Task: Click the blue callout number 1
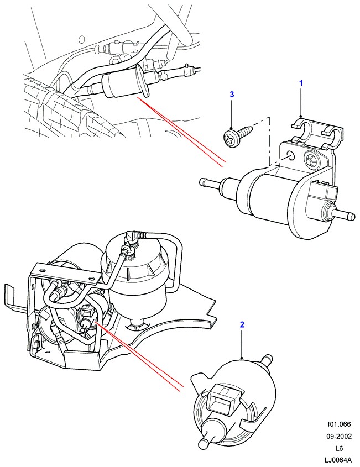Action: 302,83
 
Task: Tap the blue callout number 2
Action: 242,326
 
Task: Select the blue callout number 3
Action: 232,95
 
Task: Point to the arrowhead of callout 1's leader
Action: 302,116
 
